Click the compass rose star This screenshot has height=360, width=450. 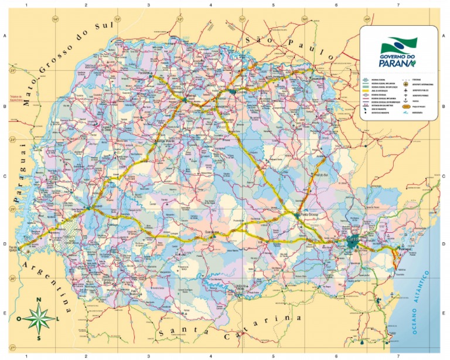[39, 318]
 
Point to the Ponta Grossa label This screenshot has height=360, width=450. [308, 215]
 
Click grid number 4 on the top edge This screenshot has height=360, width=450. [210, 5]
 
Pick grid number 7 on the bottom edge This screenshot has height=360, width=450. [398, 355]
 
